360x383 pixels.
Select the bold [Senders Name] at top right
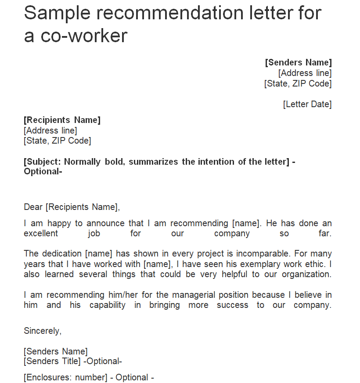click(299, 62)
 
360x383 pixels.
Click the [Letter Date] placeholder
click(307, 104)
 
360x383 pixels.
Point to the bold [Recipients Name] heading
click(62, 120)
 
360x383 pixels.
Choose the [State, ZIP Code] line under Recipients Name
click(58, 141)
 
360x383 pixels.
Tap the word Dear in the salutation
click(33, 207)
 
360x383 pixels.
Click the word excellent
click(41, 233)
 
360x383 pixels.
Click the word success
click(232, 305)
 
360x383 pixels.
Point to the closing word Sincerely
click(43, 331)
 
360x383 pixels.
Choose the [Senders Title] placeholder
click(52, 361)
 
